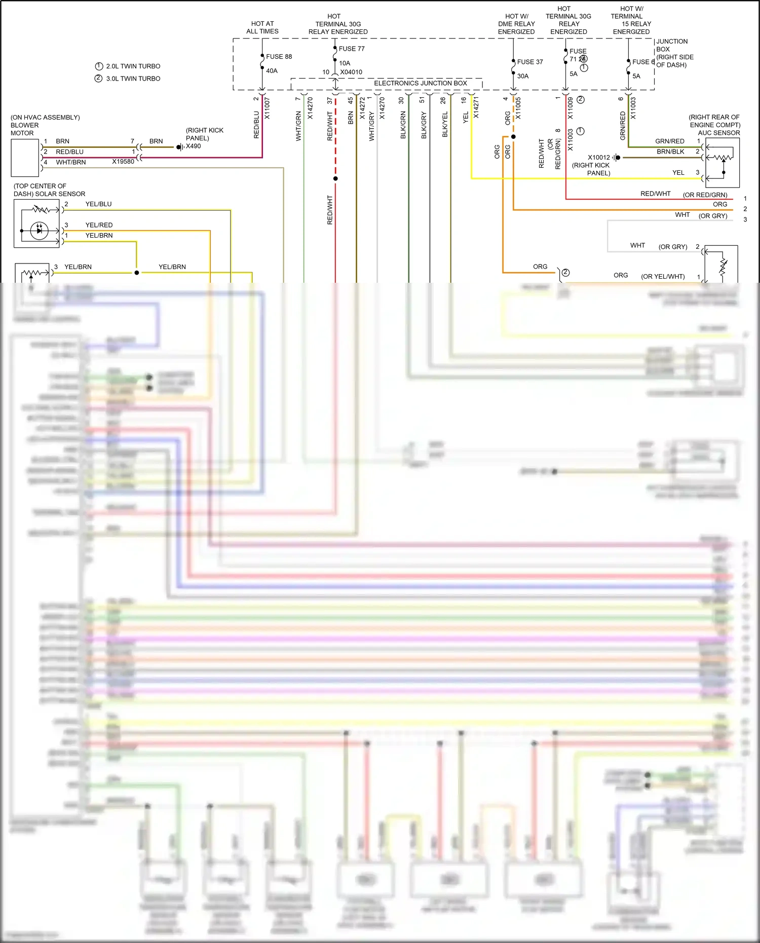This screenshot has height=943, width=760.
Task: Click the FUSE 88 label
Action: [279, 57]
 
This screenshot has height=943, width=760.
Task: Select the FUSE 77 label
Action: [352, 49]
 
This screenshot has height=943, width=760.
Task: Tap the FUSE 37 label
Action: [530, 62]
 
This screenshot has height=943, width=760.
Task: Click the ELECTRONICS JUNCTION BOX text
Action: [421, 83]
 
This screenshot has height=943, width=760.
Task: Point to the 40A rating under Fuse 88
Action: [272, 71]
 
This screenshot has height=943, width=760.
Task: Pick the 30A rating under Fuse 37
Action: [523, 76]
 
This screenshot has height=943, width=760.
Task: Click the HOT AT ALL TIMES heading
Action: [262, 27]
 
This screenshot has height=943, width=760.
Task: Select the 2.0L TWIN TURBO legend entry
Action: [133, 66]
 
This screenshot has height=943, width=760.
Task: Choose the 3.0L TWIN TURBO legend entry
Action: [133, 79]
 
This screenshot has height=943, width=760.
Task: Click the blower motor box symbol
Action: [25, 158]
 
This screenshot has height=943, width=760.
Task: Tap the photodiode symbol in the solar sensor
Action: [39, 231]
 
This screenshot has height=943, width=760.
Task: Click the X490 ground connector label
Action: [193, 146]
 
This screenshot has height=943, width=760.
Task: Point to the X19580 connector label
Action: [123, 162]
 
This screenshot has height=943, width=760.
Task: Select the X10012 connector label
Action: [599, 158]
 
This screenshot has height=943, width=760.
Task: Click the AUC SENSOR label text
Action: [718, 133]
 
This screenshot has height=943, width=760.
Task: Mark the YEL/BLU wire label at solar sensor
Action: [98, 204]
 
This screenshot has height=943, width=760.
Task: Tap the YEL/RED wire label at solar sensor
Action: [99, 225]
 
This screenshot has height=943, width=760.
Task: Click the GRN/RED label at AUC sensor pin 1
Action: [669, 141]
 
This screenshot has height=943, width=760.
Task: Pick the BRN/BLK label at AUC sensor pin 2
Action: [670, 152]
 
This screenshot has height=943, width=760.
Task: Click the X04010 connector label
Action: [351, 72]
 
